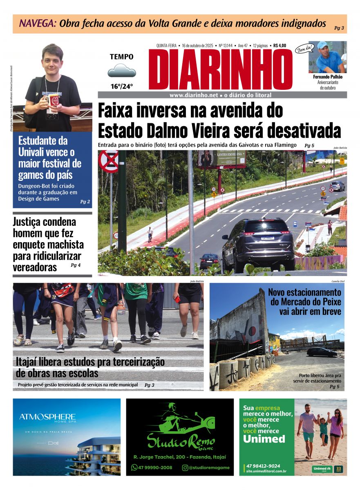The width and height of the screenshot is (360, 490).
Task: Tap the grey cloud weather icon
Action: pos(121,71)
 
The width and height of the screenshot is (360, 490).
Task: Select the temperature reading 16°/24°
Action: pos(121,86)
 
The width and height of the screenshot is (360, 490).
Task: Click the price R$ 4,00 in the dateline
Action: pos(280,46)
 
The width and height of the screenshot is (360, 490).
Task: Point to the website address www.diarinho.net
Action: pos(194,95)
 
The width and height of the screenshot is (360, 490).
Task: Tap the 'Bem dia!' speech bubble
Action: pos(303,50)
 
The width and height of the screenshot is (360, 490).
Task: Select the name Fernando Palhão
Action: pos(328,77)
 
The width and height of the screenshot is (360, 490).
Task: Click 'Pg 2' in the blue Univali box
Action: pos(85,202)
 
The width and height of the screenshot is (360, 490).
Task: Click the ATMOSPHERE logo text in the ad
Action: pos(47,417)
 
